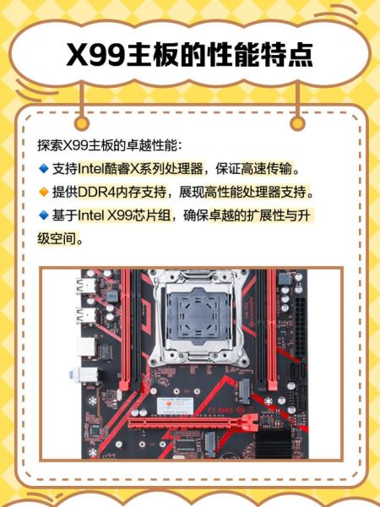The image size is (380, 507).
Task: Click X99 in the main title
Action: point(99,56)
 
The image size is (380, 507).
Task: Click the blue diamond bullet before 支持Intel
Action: point(44,168)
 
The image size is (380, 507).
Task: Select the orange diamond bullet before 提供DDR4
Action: point(44,192)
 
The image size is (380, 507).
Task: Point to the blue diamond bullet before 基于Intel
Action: point(44,215)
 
